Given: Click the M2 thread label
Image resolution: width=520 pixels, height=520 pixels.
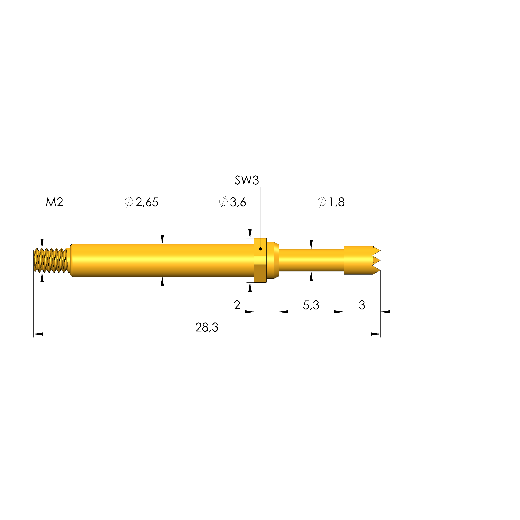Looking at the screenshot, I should [x=54, y=202].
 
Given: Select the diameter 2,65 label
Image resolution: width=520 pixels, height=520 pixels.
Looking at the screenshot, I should [x=142, y=202].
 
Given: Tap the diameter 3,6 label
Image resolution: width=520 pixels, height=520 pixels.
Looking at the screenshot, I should [x=233, y=202].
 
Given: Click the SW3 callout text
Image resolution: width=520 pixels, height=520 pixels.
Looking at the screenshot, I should [x=247, y=180].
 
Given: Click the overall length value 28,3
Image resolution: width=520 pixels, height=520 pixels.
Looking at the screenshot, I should [x=207, y=327].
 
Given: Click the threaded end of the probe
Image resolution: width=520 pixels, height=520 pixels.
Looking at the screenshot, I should [x=51, y=260].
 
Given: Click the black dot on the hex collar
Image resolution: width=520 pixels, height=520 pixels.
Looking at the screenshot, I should [x=260, y=249].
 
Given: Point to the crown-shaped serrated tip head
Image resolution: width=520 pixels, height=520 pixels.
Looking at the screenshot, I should [x=361, y=260].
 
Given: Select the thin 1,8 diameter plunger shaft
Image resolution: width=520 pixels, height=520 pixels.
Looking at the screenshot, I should [x=311, y=260].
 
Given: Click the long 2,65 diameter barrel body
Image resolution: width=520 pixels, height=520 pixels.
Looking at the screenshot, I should [x=162, y=260].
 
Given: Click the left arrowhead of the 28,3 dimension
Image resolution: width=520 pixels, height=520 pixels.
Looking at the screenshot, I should [x=38, y=334].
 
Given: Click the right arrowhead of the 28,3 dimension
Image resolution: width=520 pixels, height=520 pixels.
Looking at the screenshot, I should [x=376, y=334].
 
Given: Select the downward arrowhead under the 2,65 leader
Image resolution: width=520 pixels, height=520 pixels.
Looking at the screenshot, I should [x=162, y=239].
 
